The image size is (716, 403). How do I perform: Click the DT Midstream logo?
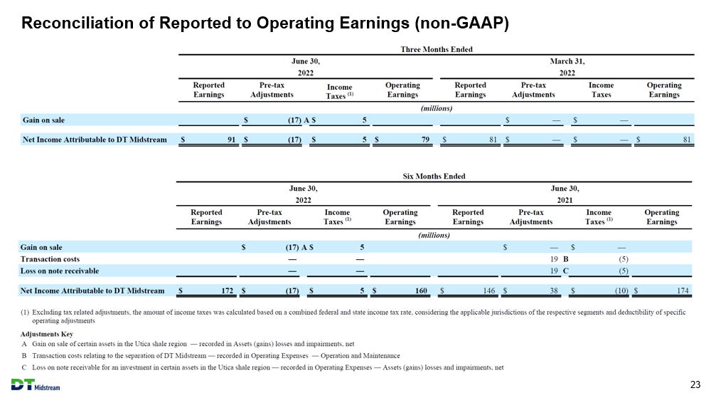(36, 384)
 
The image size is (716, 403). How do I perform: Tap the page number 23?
(695, 384)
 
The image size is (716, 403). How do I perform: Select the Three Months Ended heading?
(437, 49)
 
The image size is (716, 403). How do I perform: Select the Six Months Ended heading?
(434, 176)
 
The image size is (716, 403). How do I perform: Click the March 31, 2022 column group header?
(567, 67)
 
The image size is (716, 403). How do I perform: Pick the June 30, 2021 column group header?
(565, 194)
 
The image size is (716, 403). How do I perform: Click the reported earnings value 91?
(232, 140)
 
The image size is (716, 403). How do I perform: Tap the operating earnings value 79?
(426, 140)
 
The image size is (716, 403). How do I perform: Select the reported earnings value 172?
(227, 291)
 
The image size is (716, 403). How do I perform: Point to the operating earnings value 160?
(421, 291)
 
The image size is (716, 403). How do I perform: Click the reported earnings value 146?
(489, 291)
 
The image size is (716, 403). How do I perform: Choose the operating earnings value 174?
(683, 291)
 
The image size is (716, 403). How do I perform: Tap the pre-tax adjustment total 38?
(554, 291)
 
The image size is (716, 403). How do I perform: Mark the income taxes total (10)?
(621, 291)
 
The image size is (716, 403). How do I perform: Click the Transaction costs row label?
(50, 259)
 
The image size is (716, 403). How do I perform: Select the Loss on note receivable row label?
(59, 271)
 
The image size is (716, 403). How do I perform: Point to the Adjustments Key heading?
(47, 334)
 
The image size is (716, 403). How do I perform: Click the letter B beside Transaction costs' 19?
(566, 259)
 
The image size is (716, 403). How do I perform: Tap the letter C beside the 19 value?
(566, 271)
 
